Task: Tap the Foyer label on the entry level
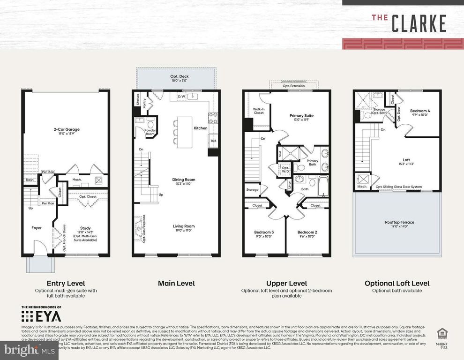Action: point(37,228)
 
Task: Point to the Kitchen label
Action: point(200,128)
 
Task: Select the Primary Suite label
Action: point(302,115)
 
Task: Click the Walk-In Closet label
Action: point(259,111)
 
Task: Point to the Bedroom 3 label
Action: point(264,232)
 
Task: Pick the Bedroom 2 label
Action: point(307,232)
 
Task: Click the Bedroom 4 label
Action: point(419,111)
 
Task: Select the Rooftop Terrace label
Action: point(397,222)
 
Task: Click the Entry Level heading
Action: point(66,283)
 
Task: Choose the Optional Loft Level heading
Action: point(397,283)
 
